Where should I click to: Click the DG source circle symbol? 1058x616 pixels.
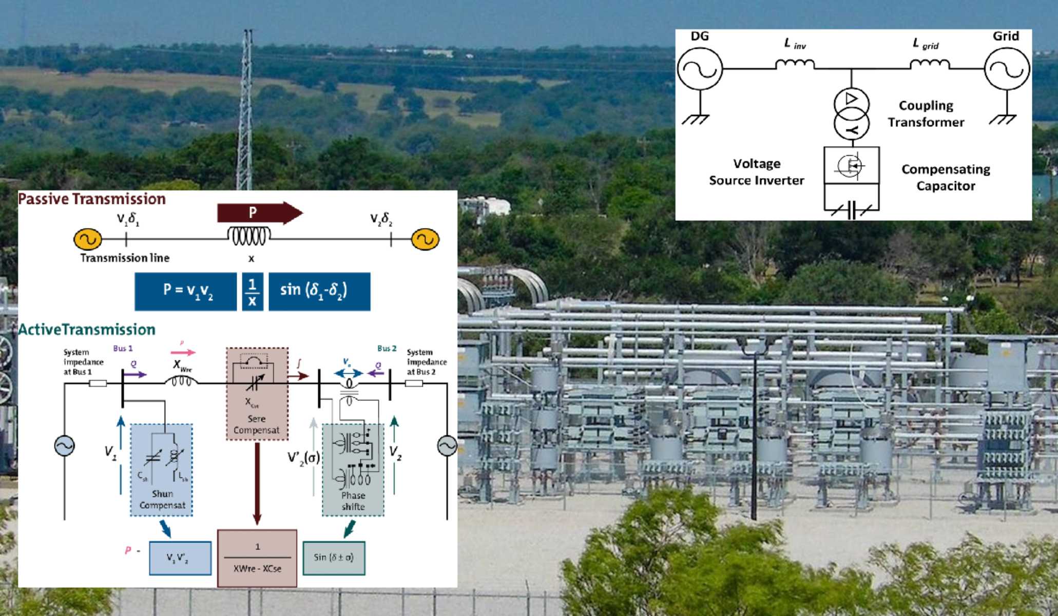(x=700, y=68)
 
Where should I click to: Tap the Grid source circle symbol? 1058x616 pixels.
(x=1007, y=69)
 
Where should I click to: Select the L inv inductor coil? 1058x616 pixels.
(x=794, y=64)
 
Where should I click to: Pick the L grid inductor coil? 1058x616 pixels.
(x=929, y=64)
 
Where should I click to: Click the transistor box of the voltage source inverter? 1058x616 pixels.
(x=851, y=165)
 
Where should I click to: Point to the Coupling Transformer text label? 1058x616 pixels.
(x=926, y=114)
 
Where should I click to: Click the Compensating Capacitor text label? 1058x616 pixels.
(x=946, y=177)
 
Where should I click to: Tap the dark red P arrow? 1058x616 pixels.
(x=259, y=213)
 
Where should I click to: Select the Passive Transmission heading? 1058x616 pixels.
(x=92, y=199)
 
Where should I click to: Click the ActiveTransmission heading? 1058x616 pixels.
(x=87, y=330)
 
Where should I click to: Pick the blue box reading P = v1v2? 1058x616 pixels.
(x=186, y=291)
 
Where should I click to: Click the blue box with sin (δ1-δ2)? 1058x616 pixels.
(x=319, y=291)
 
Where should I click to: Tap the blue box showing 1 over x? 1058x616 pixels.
(x=252, y=292)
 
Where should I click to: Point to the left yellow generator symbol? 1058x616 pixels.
(x=88, y=239)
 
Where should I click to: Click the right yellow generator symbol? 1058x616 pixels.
(x=425, y=239)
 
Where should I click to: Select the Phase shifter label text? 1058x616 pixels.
(x=353, y=501)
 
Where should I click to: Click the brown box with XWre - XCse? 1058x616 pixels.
(x=257, y=558)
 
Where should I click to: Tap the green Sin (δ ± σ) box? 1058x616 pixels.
(x=334, y=557)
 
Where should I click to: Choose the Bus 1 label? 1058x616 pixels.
(x=123, y=348)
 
